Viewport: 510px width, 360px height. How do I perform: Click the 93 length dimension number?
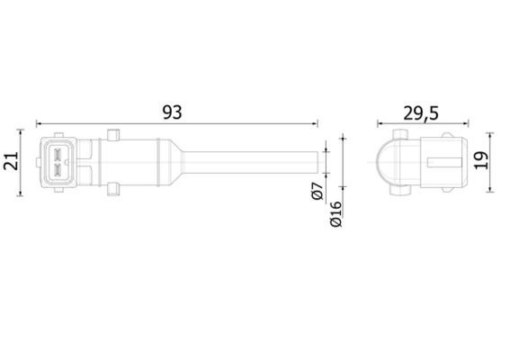173,112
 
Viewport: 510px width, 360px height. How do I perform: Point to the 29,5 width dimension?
419,112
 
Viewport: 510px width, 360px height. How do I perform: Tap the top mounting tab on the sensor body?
113,135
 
